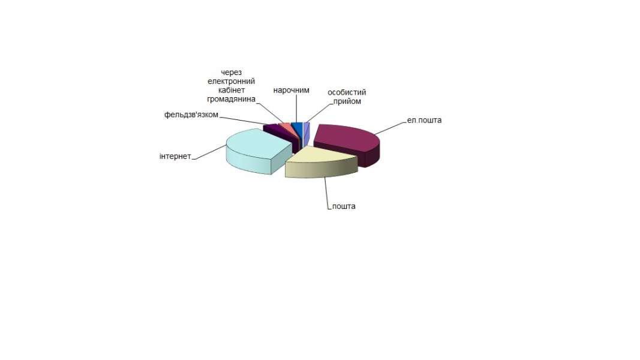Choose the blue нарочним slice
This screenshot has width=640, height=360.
click(297, 128)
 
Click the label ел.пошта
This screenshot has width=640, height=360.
click(424, 121)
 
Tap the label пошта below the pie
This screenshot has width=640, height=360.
click(344, 206)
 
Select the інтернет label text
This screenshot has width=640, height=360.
click(175, 157)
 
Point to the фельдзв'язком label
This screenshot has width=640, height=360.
click(191, 115)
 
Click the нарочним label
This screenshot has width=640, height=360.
click(291, 90)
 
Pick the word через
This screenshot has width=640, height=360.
click(231, 73)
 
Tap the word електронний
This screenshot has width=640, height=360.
click(231, 81)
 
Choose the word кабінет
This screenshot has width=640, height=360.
click(232, 90)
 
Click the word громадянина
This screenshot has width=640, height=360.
click(231, 99)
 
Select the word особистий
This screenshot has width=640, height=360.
click(347, 92)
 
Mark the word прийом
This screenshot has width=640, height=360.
click(347, 101)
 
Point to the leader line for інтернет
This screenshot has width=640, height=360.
click(209, 152)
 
